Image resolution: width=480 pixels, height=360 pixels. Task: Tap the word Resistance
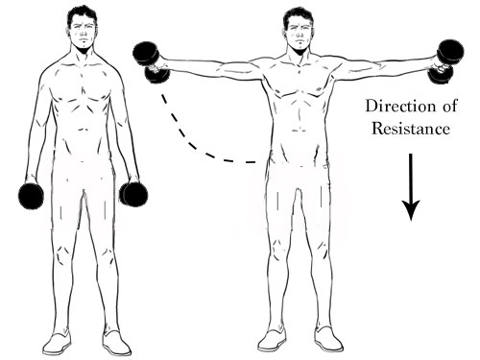click(x=411, y=129)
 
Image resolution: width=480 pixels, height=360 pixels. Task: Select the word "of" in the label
click(x=450, y=106)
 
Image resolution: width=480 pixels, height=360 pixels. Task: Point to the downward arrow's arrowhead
click(x=411, y=210)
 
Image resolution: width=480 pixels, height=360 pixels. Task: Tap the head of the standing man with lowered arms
click(x=83, y=27)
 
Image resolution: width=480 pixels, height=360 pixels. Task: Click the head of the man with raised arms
click(x=299, y=31)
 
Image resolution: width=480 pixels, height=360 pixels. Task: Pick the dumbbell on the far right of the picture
click(x=448, y=60)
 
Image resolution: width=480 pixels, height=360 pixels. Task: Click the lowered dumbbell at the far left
click(x=31, y=196)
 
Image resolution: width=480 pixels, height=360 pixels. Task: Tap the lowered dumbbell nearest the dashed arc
click(x=133, y=194)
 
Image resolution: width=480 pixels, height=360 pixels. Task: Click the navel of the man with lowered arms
click(x=84, y=130)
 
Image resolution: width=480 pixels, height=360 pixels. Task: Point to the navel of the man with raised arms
click(x=300, y=131)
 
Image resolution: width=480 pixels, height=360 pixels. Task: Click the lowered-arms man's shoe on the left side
click(x=57, y=344)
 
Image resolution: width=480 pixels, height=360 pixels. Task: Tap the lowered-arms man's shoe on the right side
click(x=116, y=344)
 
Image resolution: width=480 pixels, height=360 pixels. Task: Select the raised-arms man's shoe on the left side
click(x=272, y=340)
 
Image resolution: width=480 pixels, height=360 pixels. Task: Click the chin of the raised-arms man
click(x=299, y=51)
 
